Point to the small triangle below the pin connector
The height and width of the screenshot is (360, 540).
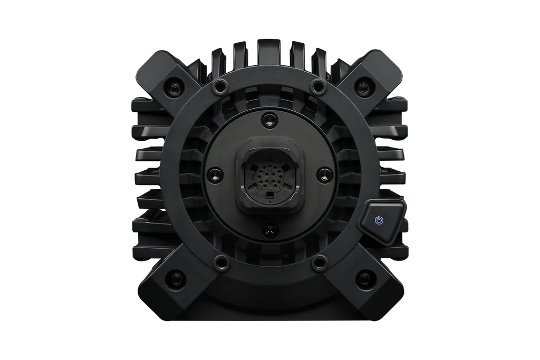tap(270, 201)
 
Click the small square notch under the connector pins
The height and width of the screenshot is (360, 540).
tap(270, 194)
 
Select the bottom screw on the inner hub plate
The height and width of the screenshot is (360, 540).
tap(270, 228)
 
